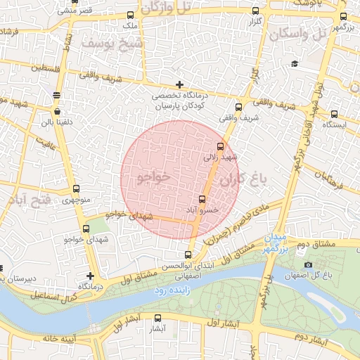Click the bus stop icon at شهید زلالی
[221, 146]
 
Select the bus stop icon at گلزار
[255, 11]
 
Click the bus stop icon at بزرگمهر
[342, 16]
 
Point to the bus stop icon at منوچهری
[76, 189]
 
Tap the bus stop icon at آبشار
[157, 318]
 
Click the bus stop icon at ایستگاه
[334, 113]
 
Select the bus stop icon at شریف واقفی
[238, 108]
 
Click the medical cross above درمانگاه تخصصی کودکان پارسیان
[180, 84]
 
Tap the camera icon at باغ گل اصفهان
[308, 264]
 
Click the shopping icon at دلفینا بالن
[56, 111]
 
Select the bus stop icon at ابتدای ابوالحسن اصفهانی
[188, 255]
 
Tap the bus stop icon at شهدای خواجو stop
[86, 229]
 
